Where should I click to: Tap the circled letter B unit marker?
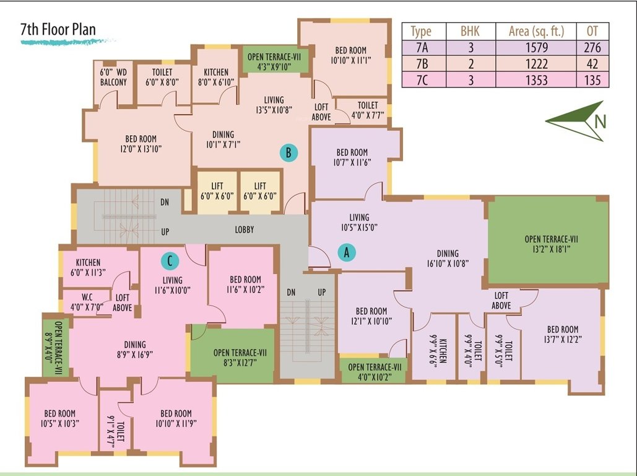(x=287, y=152)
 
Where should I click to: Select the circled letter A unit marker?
(x=347, y=252)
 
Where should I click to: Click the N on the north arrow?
(x=599, y=121)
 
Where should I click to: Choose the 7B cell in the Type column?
(x=422, y=64)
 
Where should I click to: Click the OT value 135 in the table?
(x=592, y=80)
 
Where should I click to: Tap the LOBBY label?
(x=245, y=230)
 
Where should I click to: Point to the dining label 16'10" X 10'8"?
(x=447, y=258)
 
